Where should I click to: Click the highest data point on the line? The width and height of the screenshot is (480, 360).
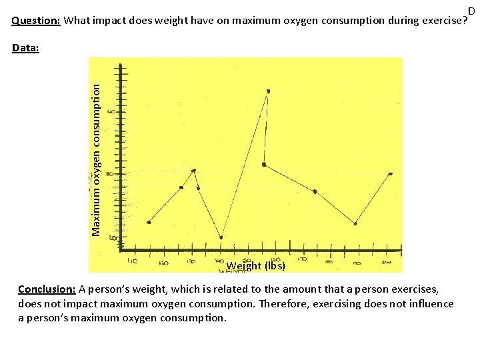[268, 91]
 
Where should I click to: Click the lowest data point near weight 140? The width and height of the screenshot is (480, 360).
[221, 237]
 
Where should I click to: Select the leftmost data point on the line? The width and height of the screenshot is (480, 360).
[149, 222]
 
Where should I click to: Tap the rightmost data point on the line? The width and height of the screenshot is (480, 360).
[390, 174]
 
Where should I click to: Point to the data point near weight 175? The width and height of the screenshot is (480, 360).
[315, 191]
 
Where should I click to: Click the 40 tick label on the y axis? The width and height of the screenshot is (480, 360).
[111, 111]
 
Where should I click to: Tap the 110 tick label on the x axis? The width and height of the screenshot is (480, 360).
[133, 262]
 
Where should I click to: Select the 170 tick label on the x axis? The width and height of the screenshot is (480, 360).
[303, 259]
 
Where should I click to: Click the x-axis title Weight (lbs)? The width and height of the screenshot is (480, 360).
[256, 266]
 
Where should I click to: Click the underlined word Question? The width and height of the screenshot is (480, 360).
[37, 20]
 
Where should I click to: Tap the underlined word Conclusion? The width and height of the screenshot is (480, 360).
[47, 289]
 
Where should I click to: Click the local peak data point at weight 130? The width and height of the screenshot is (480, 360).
[193, 171]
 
